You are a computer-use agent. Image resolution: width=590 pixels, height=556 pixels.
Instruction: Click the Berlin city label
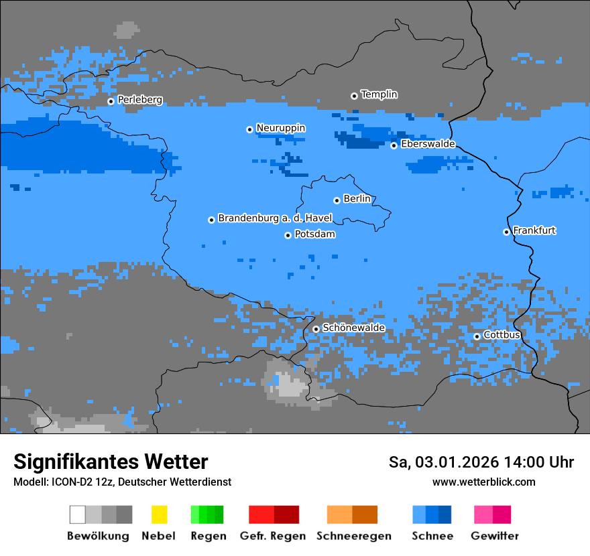point(357,199)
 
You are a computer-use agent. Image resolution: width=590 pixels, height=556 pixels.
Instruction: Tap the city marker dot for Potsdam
point(288,235)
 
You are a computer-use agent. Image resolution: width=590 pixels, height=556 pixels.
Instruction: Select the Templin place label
point(379,94)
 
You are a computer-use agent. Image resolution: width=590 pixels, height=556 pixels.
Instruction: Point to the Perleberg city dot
point(111,101)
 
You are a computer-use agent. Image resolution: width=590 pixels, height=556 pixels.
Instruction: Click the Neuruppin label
point(280,128)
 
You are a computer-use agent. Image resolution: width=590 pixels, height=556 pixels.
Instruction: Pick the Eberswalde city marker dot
point(394,145)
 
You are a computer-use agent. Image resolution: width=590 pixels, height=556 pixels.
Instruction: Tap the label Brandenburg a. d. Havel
point(275,218)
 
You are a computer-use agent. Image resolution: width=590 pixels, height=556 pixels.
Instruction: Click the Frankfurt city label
point(534,230)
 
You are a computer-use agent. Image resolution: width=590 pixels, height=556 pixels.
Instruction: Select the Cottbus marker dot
point(477,336)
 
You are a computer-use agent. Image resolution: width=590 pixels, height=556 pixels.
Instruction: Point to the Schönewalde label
point(353,328)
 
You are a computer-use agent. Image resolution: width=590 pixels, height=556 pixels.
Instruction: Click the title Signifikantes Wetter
point(111,462)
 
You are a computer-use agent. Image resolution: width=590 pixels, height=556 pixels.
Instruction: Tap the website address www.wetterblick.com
point(483,482)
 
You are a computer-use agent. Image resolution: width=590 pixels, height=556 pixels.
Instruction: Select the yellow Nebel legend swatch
point(159,514)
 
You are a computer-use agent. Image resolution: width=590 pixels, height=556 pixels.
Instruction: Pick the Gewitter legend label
point(494,536)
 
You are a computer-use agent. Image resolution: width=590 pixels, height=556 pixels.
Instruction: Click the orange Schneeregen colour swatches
point(352,514)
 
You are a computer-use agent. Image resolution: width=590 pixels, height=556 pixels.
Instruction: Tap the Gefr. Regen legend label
point(273,536)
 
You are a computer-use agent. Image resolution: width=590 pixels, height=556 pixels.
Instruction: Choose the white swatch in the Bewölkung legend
point(78,514)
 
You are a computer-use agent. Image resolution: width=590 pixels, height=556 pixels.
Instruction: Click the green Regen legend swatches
point(207,514)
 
